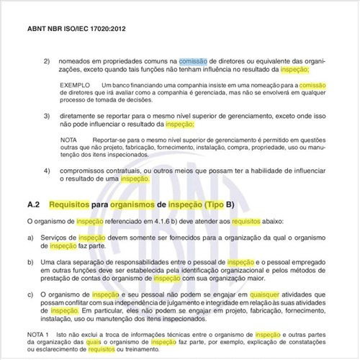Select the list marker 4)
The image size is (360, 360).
pos(48,170)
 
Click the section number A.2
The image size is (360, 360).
pos(37,204)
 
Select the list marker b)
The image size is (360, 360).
pos(30,263)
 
